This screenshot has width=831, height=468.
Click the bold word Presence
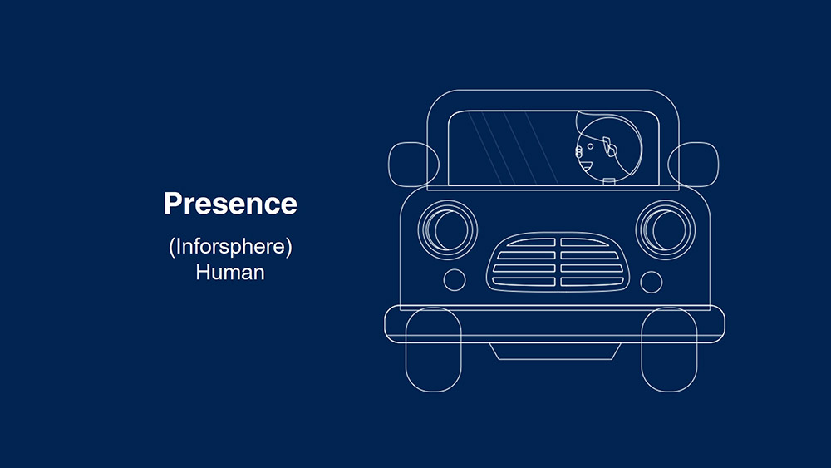coord(230,204)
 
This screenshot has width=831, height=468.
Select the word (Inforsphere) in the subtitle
coord(230,247)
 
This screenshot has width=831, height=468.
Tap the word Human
coord(230,273)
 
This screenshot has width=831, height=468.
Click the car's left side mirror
coord(413,165)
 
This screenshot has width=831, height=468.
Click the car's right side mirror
coord(693,165)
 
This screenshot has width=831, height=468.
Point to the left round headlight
coord(448,230)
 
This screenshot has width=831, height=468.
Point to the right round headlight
coord(666,230)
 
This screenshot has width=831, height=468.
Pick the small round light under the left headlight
coord(455,280)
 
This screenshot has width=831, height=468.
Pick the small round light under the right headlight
coord(652,282)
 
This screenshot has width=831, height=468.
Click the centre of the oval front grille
coord(558,262)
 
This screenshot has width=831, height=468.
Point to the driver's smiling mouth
coord(586,166)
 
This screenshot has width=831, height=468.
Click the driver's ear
coord(609,147)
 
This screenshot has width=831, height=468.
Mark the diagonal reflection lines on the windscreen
coord(513,147)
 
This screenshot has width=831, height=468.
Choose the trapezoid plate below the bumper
coord(555,352)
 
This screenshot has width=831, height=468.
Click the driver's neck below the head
coord(609,181)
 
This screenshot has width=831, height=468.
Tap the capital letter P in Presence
coord(173,204)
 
